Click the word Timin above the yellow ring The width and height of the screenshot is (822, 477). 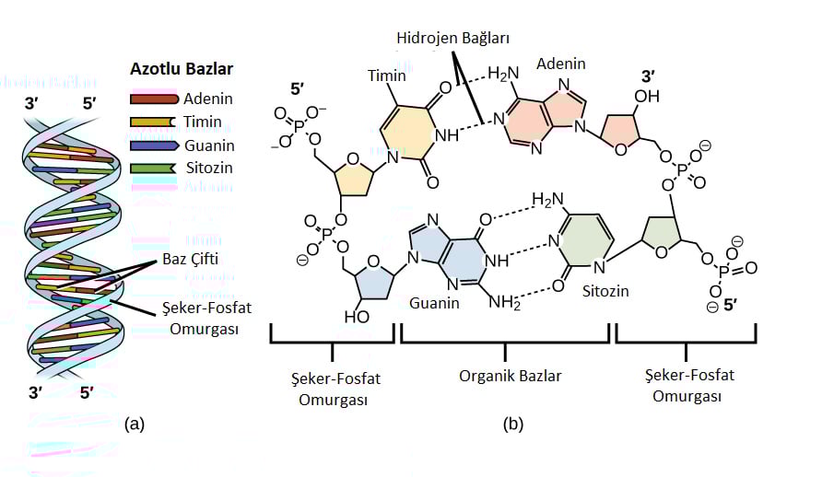386,76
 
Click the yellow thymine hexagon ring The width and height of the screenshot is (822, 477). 405,134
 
